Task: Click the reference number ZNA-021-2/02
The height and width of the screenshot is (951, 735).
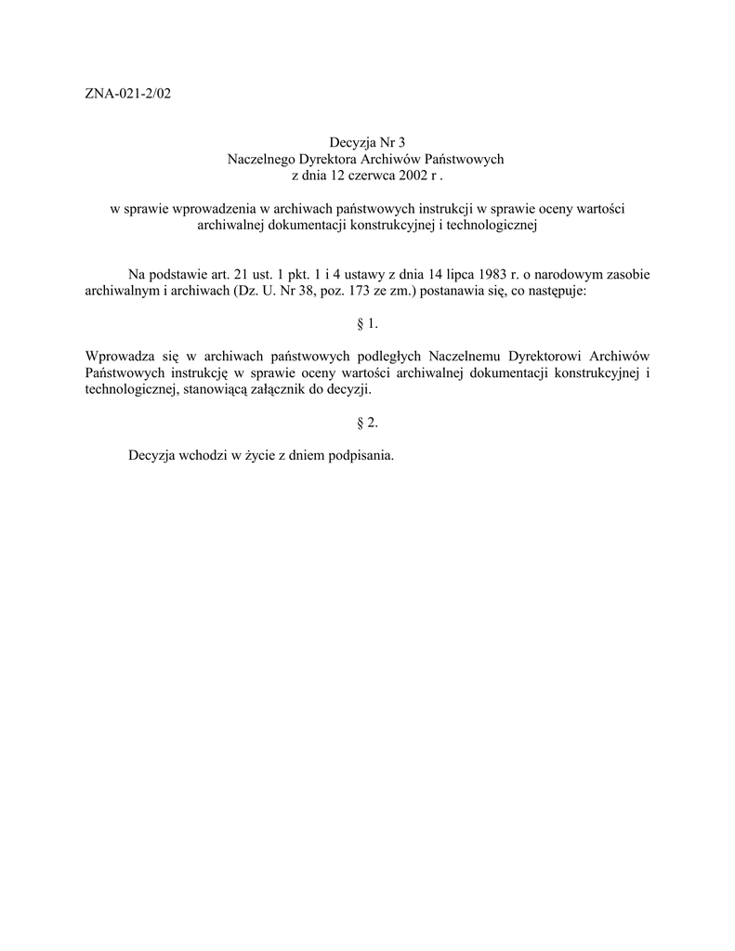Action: [128, 94]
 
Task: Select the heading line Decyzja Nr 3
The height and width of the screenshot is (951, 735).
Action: [368, 143]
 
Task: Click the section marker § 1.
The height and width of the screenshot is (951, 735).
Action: [368, 324]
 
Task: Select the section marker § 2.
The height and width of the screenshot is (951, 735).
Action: [368, 423]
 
